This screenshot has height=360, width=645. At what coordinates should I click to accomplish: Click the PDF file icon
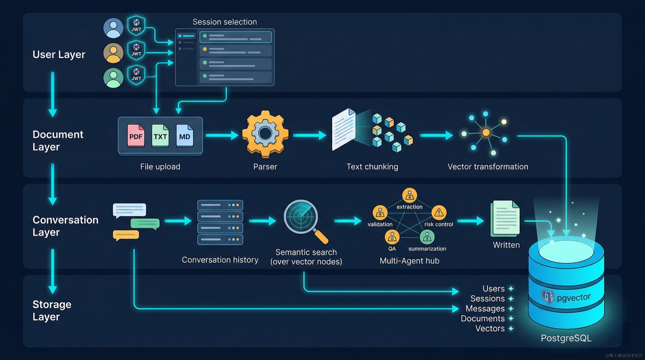pyautogui.click(x=136, y=135)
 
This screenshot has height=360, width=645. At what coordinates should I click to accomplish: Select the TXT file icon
pyautogui.click(x=160, y=135)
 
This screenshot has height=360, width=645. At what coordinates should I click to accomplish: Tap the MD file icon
pyautogui.click(x=185, y=135)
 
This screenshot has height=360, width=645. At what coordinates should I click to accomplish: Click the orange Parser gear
pyautogui.click(x=265, y=134)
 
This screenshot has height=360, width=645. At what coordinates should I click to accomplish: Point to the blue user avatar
pyautogui.click(x=113, y=28)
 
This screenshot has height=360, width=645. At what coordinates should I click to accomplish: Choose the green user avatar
pyautogui.click(x=113, y=78)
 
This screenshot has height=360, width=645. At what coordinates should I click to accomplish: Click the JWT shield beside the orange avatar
pyautogui.click(x=136, y=50)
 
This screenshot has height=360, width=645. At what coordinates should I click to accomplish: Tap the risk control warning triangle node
pyautogui.click(x=439, y=212)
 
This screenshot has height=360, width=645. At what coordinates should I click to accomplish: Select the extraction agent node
pyautogui.click(x=410, y=196)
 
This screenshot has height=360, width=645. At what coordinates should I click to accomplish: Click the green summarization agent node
pyautogui.click(x=427, y=237)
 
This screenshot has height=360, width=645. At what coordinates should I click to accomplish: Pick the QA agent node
pyautogui.click(x=392, y=237)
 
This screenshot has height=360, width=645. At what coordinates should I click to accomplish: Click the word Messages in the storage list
pyautogui.click(x=485, y=308)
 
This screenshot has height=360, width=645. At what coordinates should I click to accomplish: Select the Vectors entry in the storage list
pyautogui.click(x=490, y=328)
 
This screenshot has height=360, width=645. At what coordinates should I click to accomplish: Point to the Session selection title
pyautogui.click(x=225, y=22)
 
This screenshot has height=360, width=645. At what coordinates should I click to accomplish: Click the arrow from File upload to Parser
pyautogui.click(x=222, y=135)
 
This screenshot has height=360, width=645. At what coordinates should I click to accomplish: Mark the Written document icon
pyautogui.click(x=506, y=218)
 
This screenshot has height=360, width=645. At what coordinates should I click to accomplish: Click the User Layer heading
pyautogui.click(x=59, y=54)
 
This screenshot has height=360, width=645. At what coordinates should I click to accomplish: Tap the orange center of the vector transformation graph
pyautogui.click(x=486, y=133)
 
